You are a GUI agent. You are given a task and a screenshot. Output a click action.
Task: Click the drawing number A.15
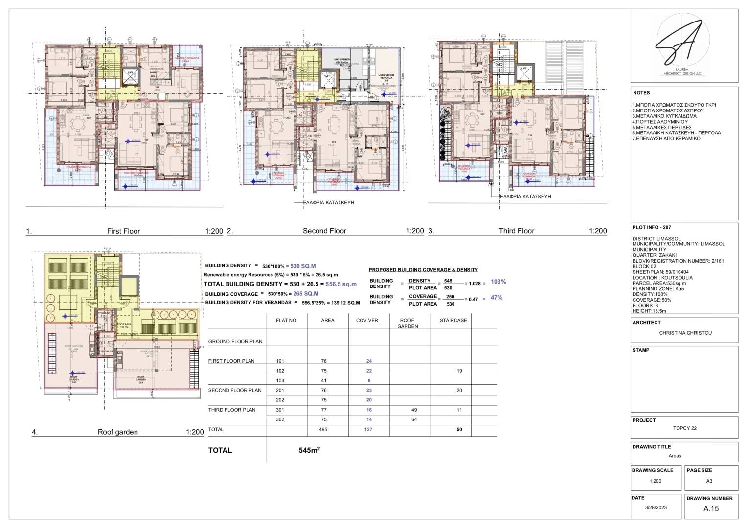click(711, 508)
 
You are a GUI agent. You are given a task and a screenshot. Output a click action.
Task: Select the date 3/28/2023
click(656, 507)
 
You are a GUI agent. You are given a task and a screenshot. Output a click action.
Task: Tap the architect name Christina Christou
click(685, 333)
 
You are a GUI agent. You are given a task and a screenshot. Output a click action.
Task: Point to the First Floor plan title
click(123, 231)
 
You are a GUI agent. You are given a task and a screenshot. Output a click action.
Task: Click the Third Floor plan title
click(516, 231)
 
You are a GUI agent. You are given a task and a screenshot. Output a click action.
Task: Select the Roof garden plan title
click(117, 432)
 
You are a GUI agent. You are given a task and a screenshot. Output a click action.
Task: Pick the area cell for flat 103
click(323, 380)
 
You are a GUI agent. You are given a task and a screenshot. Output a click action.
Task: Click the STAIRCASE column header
click(453, 320)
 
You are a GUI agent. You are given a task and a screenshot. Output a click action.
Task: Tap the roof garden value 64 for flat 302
click(414, 419)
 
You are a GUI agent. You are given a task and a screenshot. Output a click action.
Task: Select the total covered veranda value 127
click(368, 429)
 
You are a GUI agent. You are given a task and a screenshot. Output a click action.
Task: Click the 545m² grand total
click(309, 450)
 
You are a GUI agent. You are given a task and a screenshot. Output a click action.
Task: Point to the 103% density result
click(498, 282)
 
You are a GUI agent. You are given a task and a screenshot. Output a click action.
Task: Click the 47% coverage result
click(496, 297)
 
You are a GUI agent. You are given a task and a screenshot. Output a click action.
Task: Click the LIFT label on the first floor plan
click(130, 73)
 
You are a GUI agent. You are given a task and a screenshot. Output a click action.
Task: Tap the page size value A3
click(709, 481)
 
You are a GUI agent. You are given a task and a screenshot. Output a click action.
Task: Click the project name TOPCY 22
click(684, 428)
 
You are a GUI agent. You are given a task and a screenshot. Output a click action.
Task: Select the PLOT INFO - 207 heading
click(651, 227)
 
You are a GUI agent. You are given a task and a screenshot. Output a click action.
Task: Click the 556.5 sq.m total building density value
click(341, 284)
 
